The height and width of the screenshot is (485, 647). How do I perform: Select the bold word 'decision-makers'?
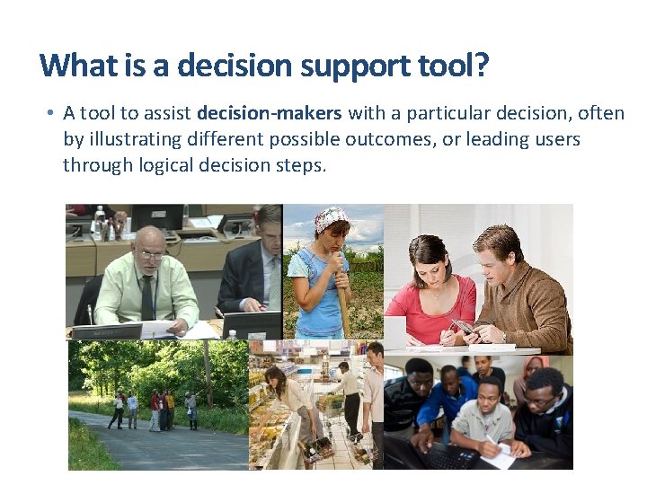[x=269, y=113]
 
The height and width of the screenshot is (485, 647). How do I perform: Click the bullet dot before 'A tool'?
[x=51, y=114]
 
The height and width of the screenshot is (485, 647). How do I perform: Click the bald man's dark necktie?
[x=147, y=297]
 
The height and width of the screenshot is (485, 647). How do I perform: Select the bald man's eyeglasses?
[x=153, y=254]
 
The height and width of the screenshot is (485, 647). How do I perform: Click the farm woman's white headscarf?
[x=331, y=218]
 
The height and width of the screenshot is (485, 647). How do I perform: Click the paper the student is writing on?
[x=499, y=455]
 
